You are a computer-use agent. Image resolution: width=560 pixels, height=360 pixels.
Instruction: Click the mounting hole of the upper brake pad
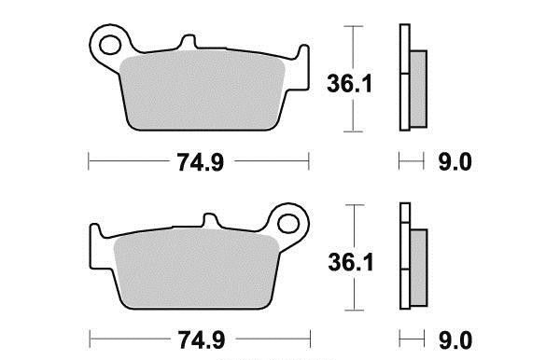tap(110, 45)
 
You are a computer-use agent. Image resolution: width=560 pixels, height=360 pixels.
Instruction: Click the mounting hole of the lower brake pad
tap(287, 224)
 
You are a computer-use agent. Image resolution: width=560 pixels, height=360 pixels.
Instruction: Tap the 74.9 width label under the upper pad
tap(201, 162)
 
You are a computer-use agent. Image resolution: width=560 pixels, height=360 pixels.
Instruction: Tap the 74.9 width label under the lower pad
tap(202, 340)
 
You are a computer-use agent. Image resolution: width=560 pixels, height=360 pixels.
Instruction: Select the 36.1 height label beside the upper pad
tap(350, 84)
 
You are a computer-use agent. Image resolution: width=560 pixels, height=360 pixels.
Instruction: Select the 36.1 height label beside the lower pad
tap(351, 262)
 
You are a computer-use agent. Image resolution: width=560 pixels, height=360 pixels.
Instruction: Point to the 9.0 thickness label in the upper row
tap(455, 162)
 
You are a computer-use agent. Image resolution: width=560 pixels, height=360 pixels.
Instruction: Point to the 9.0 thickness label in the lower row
tap(455, 340)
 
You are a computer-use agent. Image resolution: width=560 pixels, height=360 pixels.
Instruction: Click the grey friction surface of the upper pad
tap(202, 90)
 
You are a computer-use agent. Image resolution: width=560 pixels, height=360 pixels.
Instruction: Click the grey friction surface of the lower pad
tap(196, 269)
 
